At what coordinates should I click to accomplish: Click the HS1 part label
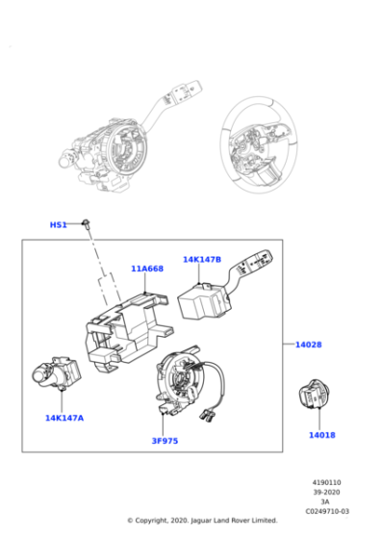point(58,224)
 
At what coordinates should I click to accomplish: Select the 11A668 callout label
point(147,269)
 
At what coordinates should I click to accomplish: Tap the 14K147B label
point(202,259)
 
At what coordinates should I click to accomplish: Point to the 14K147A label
point(63,418)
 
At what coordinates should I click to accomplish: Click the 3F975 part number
point(165,441)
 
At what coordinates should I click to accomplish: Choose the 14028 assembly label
point(309,343)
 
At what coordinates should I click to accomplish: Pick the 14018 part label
point(321,435)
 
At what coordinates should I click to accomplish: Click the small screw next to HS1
point(86,223)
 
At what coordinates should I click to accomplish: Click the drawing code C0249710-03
point(327,511)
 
